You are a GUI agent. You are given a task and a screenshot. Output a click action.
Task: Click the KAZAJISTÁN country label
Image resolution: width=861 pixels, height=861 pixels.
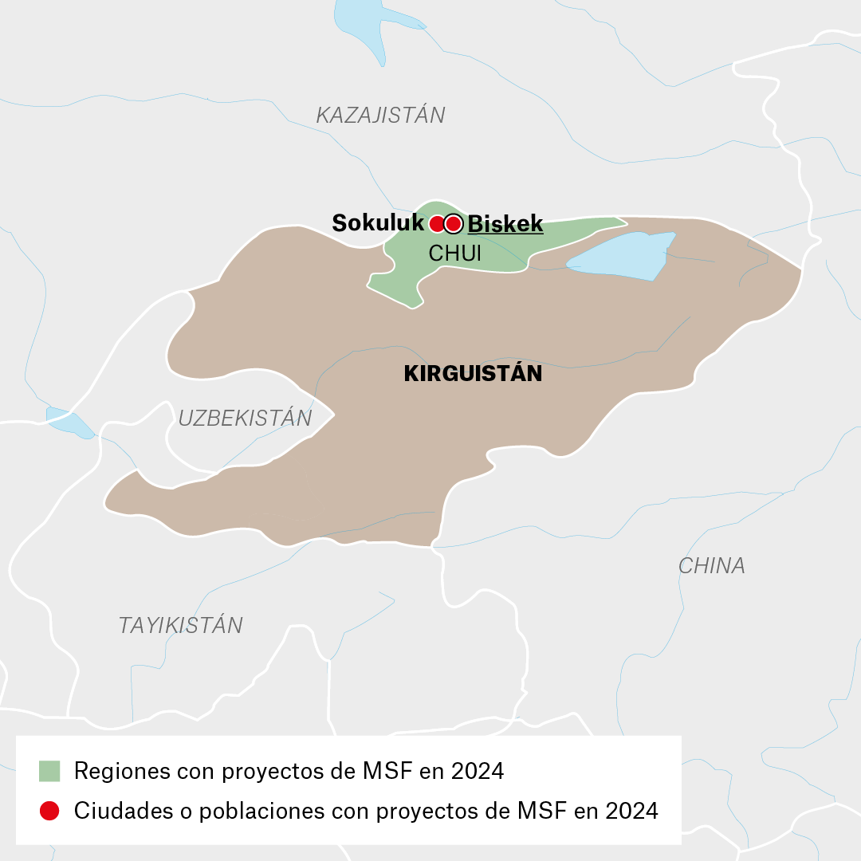(x=380, y=116)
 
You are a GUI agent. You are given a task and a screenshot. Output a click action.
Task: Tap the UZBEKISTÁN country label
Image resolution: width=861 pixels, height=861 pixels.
(x=245, y=419)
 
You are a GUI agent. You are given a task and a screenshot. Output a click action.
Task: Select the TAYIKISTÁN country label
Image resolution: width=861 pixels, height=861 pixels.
(x=180, y=626)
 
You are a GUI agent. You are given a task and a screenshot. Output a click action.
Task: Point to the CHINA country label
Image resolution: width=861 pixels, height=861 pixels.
(x=711, y=566)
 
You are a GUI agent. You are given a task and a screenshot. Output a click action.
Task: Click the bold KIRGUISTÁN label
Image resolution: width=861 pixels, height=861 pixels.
(x=473, y=374)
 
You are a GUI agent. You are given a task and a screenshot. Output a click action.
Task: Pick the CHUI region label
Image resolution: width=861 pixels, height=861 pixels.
(x=455, y=254)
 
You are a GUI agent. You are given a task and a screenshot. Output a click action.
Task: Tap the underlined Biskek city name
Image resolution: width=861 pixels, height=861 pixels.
(x=505, y=224)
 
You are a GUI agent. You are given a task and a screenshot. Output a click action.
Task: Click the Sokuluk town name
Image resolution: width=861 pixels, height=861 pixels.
(x=378, y=223)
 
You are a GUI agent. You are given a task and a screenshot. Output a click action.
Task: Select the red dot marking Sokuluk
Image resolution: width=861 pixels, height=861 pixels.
(x=437, y=224)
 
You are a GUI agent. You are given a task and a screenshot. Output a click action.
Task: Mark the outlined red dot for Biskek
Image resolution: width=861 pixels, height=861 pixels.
(x=454, y=224)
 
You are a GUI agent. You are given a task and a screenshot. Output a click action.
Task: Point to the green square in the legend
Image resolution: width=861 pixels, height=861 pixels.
(x=49, y=771)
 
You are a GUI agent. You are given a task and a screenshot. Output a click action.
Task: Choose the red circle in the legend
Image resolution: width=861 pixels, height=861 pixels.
(x=49, y=811)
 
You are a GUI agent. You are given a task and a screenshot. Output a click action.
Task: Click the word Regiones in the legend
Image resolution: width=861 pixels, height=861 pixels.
(x=122, y=772)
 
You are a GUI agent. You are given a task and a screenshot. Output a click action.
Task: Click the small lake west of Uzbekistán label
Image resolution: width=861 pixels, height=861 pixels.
(x=69, y=422)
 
